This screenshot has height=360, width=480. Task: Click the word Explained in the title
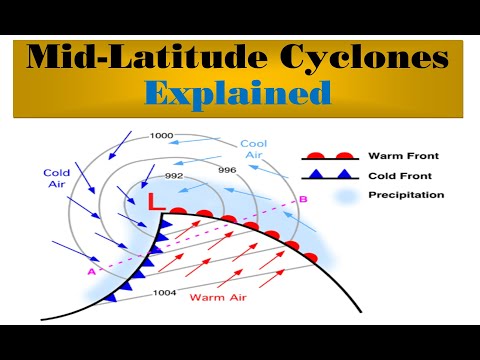click(x=237, y=94)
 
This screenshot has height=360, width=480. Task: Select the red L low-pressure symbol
click(x=156, y=202)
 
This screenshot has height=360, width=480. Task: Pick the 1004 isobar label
click(x=164, y=293)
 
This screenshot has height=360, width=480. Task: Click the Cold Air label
click(x=56, y=177)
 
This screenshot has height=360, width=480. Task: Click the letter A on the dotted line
click(x=91, y=270)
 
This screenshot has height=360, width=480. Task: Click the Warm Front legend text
click(x=402, y=156)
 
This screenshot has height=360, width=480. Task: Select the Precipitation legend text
click(x=406, y=194)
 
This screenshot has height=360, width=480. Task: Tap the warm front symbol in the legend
click(x=330, y=156)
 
